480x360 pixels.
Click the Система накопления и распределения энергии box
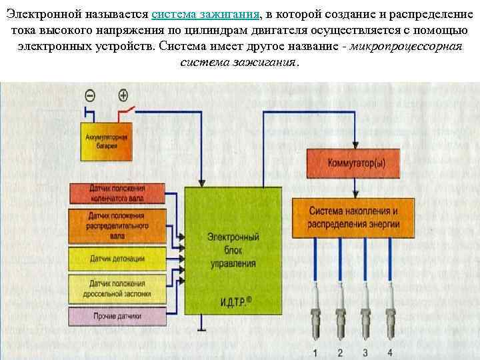pyautogui.click(x=353, y=217)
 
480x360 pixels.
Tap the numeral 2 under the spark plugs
pyautogui.click(x=340, y=351)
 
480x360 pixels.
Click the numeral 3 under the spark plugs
pyautogui.click(x=366, y=351)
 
